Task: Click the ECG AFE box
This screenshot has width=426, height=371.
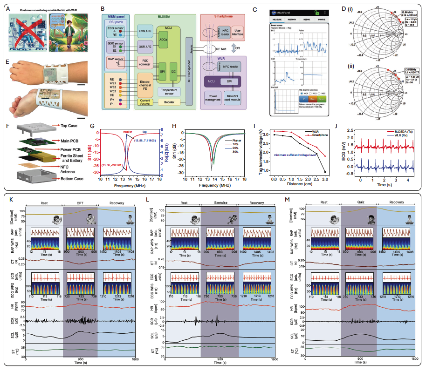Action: click(x=148, y=32)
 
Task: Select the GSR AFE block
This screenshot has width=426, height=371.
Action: click(x=148, y=47)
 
